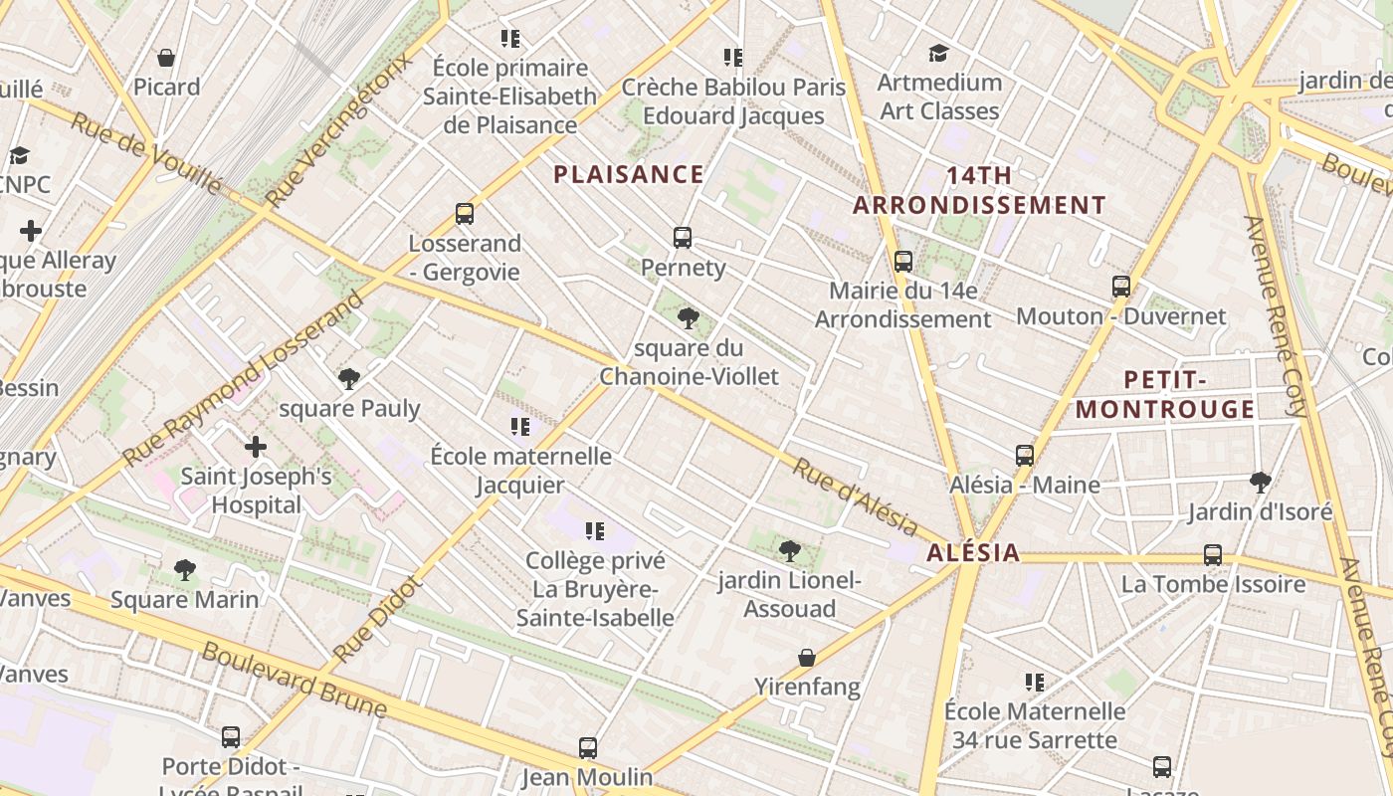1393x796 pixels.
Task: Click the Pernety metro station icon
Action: click(x=682, y=238)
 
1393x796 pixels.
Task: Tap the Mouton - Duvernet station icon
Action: click(x=1121, y=287)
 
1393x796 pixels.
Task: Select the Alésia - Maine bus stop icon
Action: click(x=1025, y=456)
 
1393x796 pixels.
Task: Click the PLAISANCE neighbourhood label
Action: click(x=629, y=175)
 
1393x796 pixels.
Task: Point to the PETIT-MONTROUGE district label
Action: click(x=1164, y=395)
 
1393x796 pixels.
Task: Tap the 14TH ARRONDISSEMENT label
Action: click(x=979, y=190)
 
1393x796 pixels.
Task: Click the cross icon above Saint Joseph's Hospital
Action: click(x=256, y=447)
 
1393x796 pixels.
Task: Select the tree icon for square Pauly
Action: click(x=348, y=379)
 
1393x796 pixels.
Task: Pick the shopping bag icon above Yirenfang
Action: click(x=807, y=658)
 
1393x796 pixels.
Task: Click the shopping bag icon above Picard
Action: click(x=166, y=58)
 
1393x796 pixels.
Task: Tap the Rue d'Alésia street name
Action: click(x=855, y=497)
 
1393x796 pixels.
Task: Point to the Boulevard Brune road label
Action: click(x=294, y=681)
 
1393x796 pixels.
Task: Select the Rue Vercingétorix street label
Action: click(x=339, y=131)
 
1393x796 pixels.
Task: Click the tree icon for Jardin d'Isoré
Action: click(x=1260, y=483)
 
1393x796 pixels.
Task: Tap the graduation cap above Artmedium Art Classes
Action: click(x=938, y=53)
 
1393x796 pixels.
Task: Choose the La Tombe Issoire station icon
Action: click(x=1213, y=555)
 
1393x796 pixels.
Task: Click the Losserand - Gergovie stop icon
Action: click(x=465, y=214)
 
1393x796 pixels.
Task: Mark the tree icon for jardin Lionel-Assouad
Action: click(x=790, y=550)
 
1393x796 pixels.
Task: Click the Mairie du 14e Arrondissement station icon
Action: click(x=903, y=262)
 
